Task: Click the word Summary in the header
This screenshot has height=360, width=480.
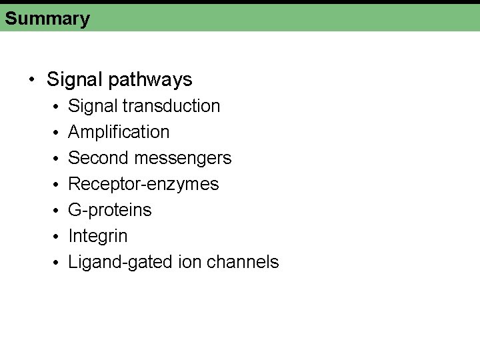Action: pos(47,18)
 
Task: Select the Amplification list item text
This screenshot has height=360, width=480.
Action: pos(119,132)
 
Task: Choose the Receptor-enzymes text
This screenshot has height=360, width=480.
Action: pos(143,184)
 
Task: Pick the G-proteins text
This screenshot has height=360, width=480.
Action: pos(110,210)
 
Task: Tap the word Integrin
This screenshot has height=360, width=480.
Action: pos(98,236)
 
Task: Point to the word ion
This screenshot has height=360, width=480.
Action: pos(191,262)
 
